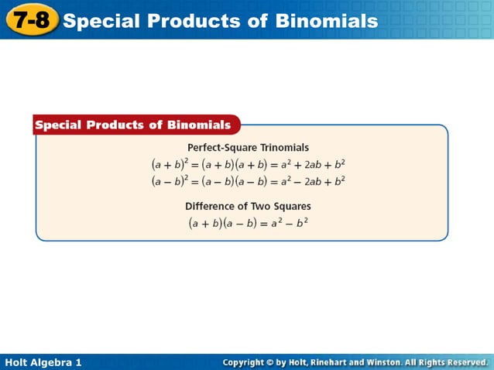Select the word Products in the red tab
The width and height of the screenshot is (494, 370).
(116, 125)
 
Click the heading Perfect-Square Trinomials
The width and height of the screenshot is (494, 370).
(248, 147)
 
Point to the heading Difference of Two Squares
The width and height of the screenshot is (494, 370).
(248, 207)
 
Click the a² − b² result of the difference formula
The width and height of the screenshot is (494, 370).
(291, 223)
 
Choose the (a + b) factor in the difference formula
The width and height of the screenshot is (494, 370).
(208, 223)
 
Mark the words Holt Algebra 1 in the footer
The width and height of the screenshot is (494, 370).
(43, 362)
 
